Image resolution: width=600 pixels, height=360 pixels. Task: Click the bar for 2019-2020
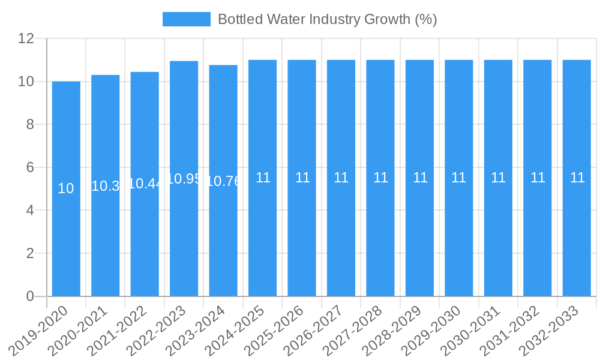click(x=66, y=240)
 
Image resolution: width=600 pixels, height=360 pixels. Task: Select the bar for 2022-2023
click(x=184, y=240)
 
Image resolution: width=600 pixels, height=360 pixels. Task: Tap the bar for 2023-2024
click(x=223, y=240)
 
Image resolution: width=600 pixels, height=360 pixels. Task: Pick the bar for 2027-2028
click(x=380, y=240)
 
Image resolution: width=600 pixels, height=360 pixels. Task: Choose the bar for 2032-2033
click(x=577, y=240)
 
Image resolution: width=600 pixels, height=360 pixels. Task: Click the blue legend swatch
click(x=186, y=19)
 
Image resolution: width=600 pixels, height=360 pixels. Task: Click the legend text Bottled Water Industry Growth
click(x=327, y=19)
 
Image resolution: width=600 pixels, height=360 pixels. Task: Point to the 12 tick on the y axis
click(x=26, y=38)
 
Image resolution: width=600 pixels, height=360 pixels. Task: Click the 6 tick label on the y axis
click(x=30, y=167)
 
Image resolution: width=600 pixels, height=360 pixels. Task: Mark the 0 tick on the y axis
click(x=30, y=296)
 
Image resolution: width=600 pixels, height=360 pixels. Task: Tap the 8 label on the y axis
click(x=30, y=124)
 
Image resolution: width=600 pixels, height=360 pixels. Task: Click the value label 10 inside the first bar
click(x=66, y=188)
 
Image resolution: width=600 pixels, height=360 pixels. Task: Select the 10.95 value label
click(x=184, y=179)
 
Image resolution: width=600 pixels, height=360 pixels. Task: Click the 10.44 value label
click(x=145, y=184)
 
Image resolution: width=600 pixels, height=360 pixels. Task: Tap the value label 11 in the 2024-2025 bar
click(x=263, y=178)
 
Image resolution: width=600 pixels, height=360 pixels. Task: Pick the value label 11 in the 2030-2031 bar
click(x=498, y=178)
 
